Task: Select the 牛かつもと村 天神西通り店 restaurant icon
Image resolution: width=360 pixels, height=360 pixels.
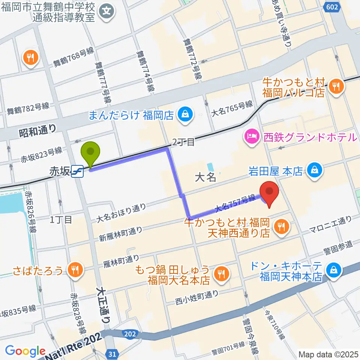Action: [x=280, y=226]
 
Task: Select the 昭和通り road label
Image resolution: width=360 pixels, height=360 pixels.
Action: [x=37, y=130]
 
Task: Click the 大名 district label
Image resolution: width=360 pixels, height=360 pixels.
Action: [x=205, y=177]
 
